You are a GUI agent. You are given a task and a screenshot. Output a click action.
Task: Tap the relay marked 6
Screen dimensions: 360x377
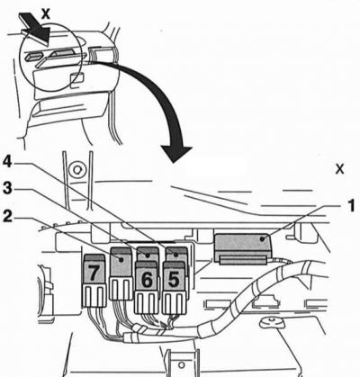tap(147, 276)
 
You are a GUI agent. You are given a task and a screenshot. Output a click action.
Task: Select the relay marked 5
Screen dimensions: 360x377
tap(174, 276)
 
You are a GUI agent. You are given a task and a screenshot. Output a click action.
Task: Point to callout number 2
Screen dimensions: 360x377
tap(7, 217)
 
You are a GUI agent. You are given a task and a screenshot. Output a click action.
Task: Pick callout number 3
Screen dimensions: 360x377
tap(7, 189)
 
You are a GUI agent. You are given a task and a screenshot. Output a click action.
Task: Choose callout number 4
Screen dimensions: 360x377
tap(7, 163)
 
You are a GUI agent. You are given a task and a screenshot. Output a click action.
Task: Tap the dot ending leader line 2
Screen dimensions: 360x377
tap(121, 259)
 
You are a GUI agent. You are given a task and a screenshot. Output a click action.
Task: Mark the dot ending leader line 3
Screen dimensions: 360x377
tap(147, 256)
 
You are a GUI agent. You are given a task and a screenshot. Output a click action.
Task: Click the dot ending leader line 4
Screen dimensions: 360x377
tap(175, 256)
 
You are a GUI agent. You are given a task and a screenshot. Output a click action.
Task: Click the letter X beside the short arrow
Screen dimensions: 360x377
tap(46, 13)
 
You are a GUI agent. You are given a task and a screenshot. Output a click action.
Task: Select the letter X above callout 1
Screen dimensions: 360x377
tap(340, 169)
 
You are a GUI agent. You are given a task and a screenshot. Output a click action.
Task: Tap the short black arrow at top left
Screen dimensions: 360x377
tap(34, 28)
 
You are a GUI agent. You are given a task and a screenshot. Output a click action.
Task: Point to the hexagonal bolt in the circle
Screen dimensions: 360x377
tap(76, 170)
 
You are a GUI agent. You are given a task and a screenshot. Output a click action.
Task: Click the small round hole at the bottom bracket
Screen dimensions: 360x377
tap(181, 365)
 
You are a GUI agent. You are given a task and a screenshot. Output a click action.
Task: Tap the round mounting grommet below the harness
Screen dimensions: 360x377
tap(272, 322)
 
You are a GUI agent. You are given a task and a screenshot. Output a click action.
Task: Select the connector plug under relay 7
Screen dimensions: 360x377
tap(94, 296)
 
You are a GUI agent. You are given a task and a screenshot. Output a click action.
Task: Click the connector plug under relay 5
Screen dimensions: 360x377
tap(174, 302)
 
